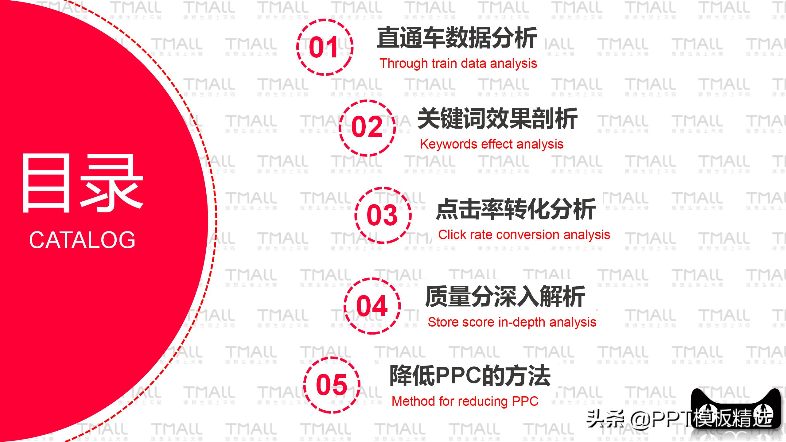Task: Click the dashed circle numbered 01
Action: [325, 47]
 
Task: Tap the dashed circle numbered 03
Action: [383, 215]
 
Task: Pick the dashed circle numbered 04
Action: [372, 306]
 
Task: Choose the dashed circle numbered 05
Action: [332, 385]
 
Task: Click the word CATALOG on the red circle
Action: [82, 240]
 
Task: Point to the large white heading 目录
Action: [82, 184]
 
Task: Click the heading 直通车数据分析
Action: [457, 38]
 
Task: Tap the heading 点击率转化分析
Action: [516, 209]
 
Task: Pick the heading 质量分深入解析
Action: [505, 297]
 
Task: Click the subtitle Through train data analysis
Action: [458, 64]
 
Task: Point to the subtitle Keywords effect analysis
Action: [492, 144]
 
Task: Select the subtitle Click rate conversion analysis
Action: [524, 235]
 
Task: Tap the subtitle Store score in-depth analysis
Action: [512, 322]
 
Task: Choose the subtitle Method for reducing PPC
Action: [465, 401]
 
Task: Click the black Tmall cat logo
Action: [736, 408]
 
